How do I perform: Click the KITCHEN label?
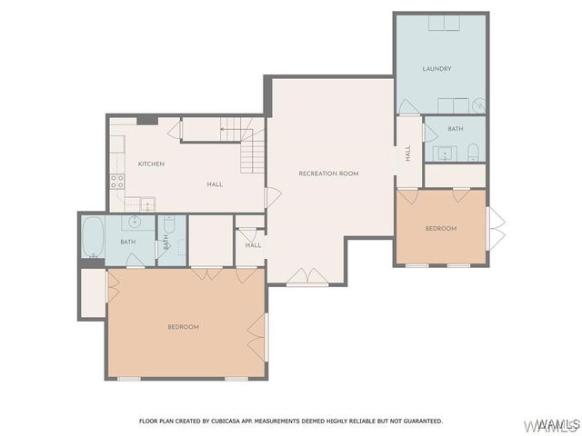click(151, 163)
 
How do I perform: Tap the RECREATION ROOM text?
click(328, 173)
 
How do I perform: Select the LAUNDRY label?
click(436, 69)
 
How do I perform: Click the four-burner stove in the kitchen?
click(116, 180)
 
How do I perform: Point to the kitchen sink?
click(146, 203)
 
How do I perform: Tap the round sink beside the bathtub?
click(134, 222)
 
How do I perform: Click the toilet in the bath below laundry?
click(473, 153)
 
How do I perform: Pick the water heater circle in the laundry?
click(478, 106)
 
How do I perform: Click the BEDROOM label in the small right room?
click(441, 228)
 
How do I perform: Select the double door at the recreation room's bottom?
click(305, 275)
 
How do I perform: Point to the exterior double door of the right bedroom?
click(496, 227)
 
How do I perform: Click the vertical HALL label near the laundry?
click(408, 153)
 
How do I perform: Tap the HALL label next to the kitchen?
click(215, 184)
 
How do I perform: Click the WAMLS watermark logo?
click(556, 424)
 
